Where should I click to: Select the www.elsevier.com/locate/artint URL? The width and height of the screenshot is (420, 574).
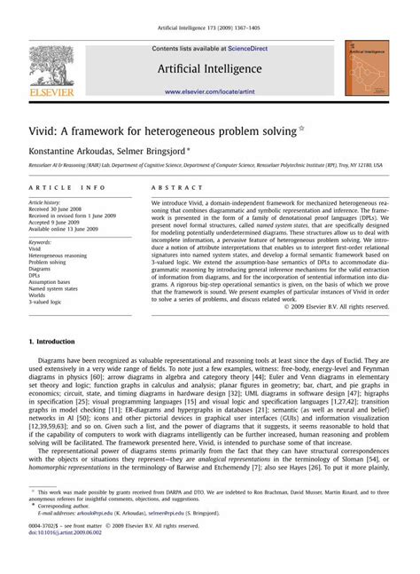pos(209,91)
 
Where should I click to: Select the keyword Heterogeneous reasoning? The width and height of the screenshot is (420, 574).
pos(61,256)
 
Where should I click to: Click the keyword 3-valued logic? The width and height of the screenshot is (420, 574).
pos(50,302)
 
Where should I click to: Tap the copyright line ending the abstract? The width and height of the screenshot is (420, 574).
pos(335,306)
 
